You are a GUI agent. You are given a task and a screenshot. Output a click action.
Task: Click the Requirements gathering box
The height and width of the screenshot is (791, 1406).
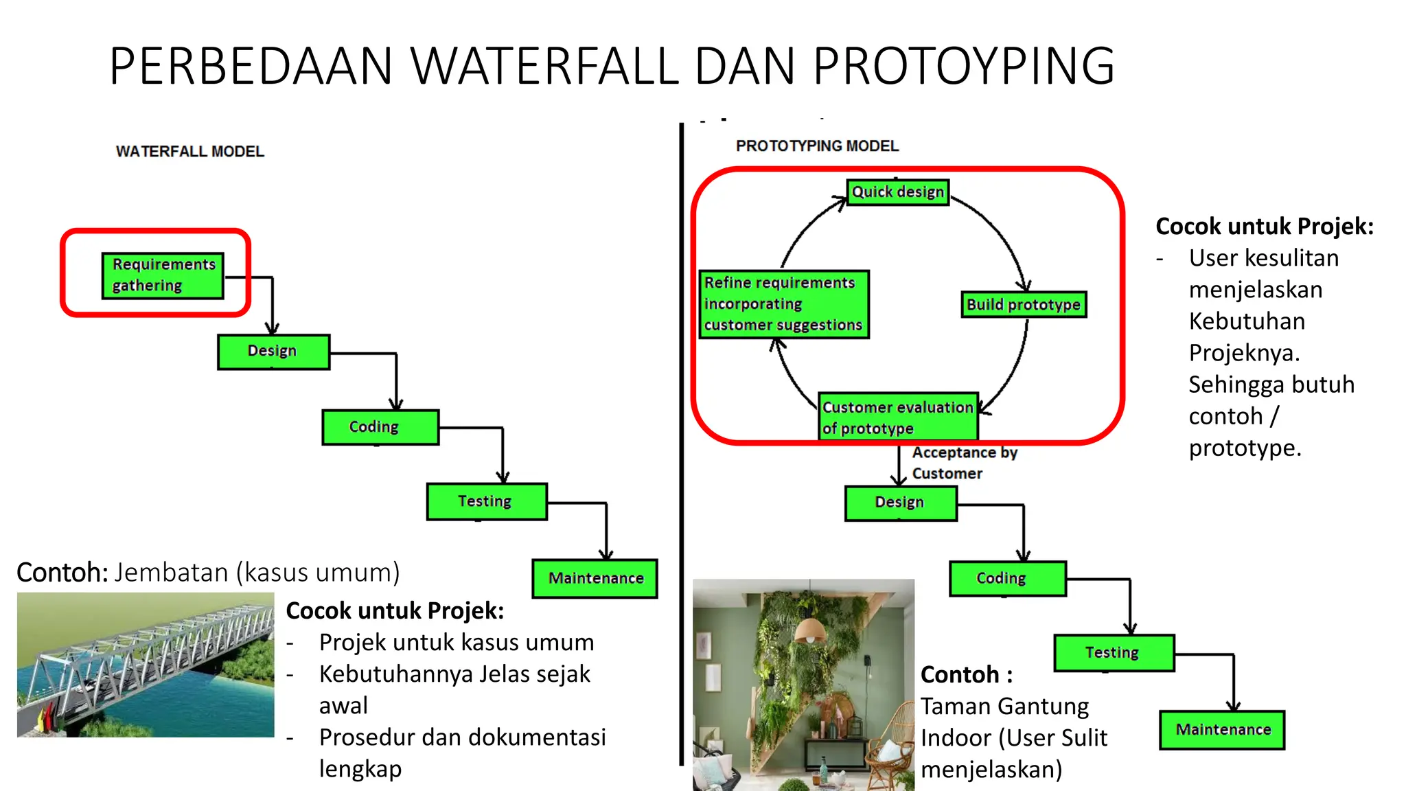[163, 275]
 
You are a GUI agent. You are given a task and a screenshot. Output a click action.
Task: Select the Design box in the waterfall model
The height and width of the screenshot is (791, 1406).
[273, 352]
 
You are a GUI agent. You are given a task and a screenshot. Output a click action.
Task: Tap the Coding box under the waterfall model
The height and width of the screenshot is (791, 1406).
[380, 427]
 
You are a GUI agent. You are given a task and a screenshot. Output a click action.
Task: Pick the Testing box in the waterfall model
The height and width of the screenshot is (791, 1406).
[486, 501]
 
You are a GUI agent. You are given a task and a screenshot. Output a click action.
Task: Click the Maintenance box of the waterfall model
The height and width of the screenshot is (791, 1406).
[595, 578]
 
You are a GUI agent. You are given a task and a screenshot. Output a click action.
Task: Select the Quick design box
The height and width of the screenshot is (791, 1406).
[897, 192]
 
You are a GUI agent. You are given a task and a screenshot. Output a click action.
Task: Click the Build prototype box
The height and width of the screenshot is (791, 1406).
[1023, 304]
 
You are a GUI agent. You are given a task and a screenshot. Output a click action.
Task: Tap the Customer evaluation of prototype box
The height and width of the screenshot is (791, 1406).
[897, 417]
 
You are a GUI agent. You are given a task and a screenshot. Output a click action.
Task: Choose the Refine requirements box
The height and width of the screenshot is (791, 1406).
[783, 303]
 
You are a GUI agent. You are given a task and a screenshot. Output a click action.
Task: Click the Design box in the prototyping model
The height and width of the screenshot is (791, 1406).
[900, 503]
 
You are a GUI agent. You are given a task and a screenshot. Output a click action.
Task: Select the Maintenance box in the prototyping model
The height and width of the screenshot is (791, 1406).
[1222, 729]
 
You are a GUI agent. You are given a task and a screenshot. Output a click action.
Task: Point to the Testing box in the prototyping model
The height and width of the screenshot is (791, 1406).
[1114, 652]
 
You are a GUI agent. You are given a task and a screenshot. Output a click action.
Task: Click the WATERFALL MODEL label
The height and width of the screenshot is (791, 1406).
[189, 152]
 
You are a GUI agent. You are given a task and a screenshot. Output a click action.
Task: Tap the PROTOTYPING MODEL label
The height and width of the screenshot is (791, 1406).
[817, 146]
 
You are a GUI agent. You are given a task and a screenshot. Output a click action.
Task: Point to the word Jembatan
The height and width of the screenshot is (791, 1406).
[171, 573]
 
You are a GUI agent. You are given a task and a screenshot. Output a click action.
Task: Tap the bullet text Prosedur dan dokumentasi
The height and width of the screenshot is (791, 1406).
[462, 737]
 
